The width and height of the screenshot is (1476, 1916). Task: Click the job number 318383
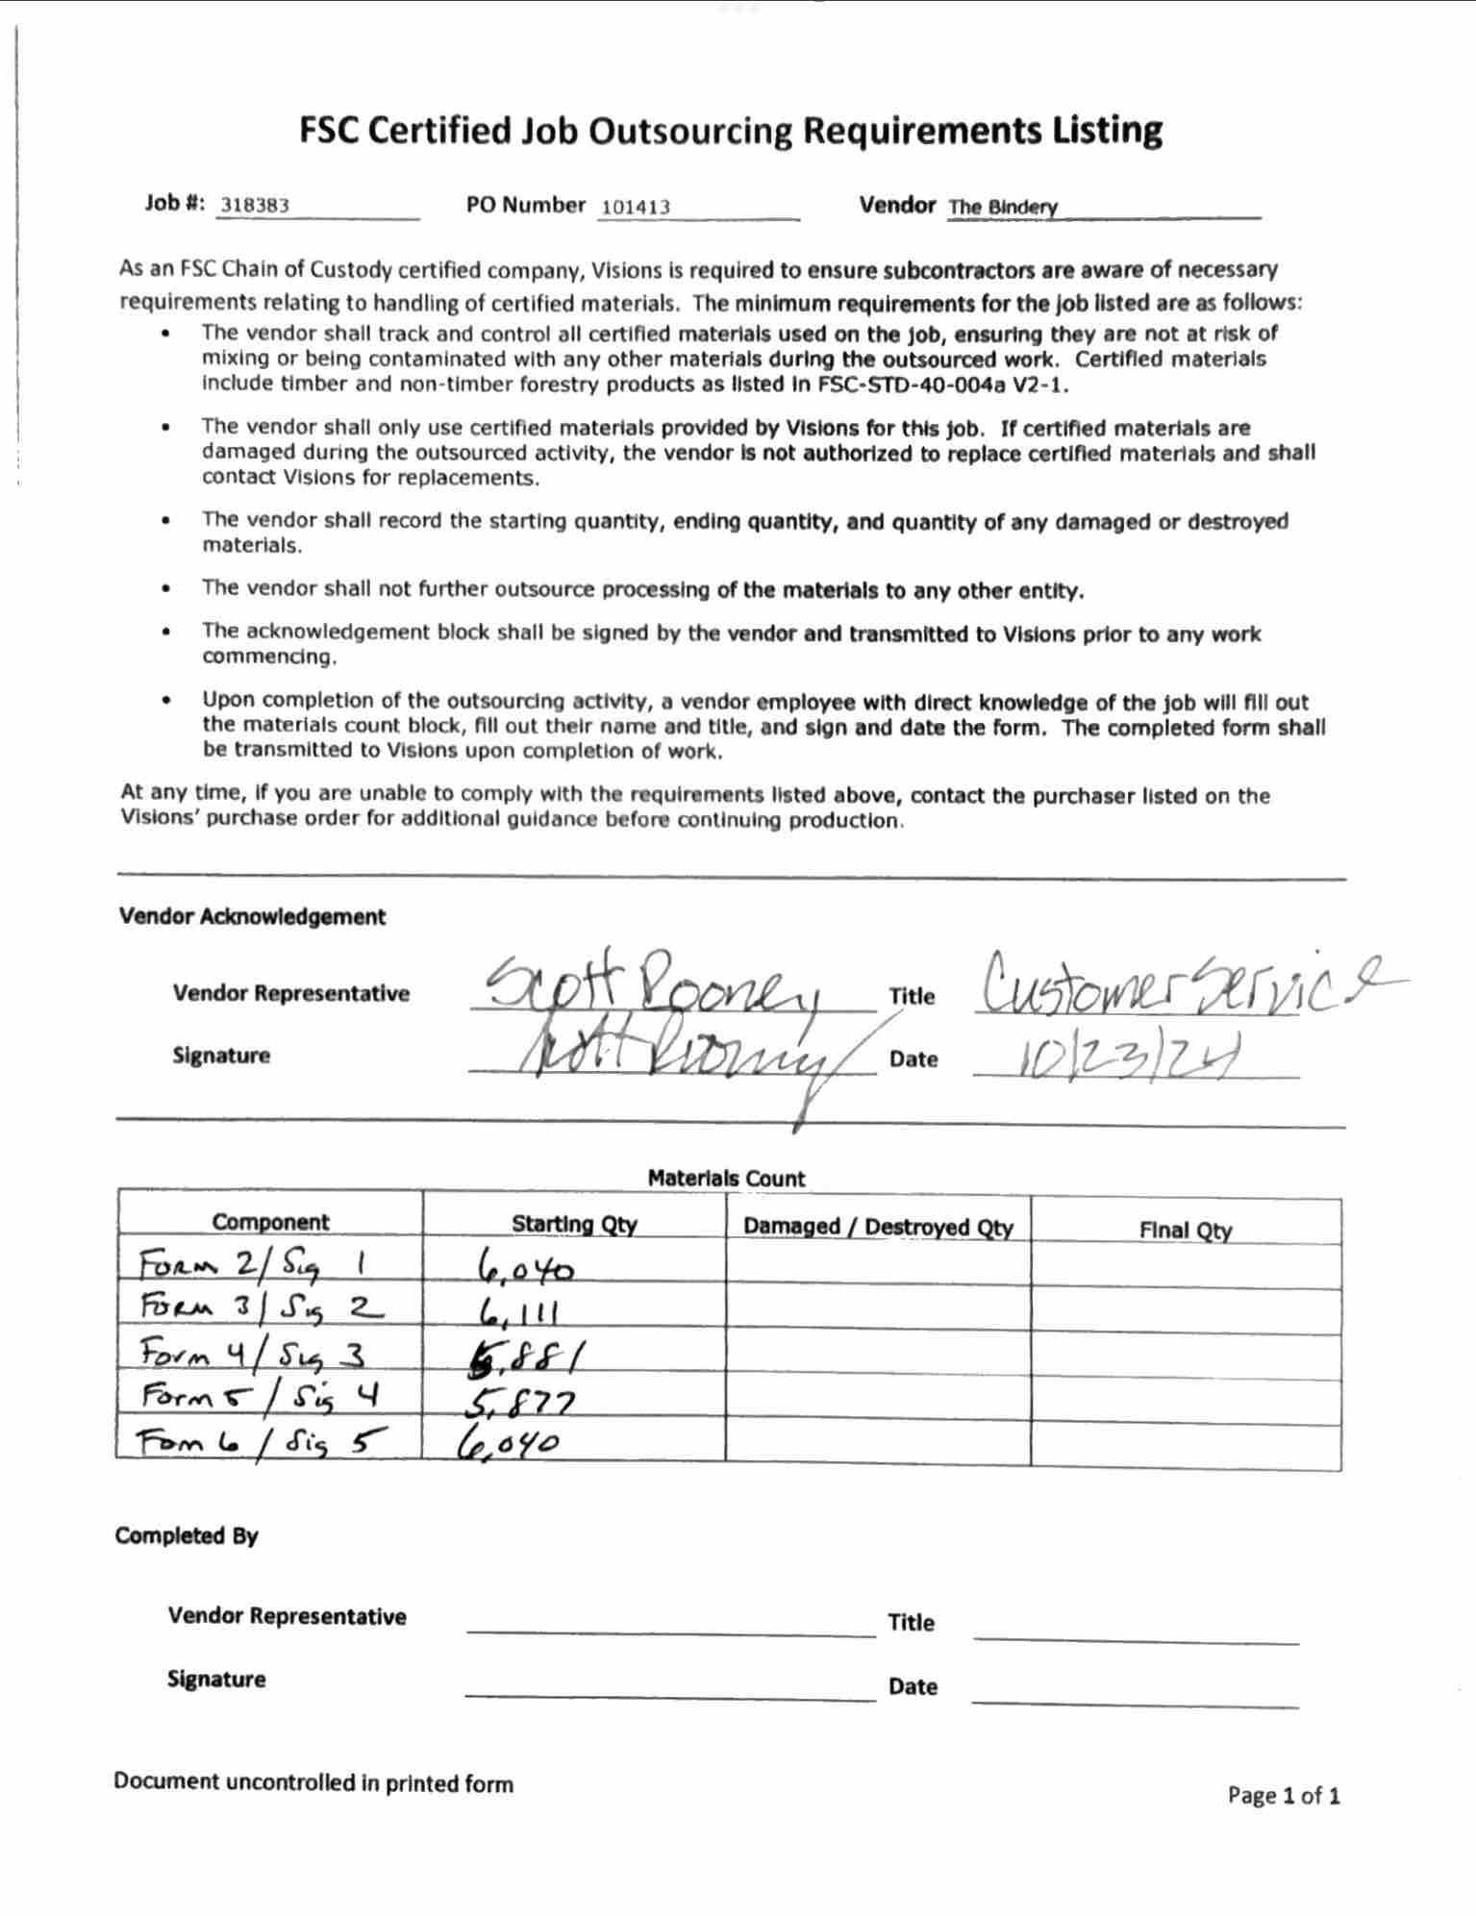click(255, 205)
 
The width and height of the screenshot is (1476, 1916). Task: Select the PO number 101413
click(636, 207)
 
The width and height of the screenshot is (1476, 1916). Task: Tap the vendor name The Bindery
click(1003, 207)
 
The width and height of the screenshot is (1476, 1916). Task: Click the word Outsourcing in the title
click(690, 131)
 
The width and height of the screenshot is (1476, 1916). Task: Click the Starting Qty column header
click(574, 1224)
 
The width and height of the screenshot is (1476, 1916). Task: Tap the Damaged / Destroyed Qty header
click(878, 1227)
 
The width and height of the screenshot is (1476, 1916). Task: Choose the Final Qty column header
click(1185, 1230)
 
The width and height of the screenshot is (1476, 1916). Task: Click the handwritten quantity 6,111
click(517, 1311)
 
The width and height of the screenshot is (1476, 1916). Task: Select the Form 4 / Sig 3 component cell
click(253, 1355)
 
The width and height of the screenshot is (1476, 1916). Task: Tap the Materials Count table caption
click(726, 1178)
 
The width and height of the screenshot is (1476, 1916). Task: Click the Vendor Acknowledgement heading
click(252, 916)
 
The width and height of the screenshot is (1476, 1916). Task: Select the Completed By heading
click(187, 1535)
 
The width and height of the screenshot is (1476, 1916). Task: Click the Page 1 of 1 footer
click(1283, 1795)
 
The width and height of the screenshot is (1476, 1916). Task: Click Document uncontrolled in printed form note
click(313, 1782)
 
